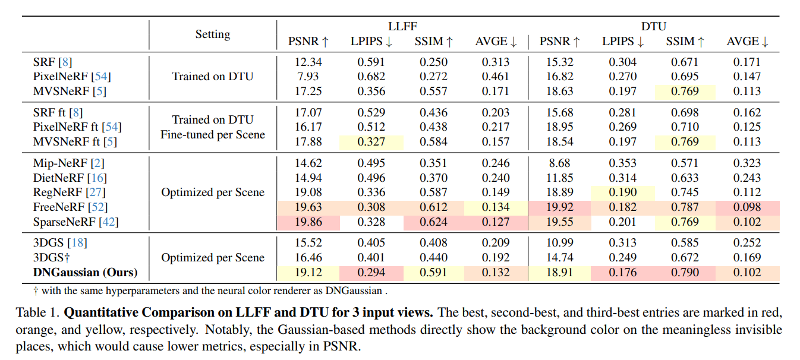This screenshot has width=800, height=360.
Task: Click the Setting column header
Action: point(213,34)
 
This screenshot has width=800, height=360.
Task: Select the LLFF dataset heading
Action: point(402,26)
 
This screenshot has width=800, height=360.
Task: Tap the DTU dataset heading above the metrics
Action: point(654,26)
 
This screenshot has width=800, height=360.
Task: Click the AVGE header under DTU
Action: point(747,42)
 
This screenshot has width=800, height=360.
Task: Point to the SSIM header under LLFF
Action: point(433,42)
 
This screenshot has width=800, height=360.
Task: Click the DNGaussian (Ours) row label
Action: point(86,272)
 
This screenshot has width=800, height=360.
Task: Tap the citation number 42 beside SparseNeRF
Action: point(109,222)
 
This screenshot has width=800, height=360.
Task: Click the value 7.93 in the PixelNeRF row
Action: point(308,77)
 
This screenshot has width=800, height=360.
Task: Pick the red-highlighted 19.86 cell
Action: point(308,222)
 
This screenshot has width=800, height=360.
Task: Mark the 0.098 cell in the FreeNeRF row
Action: point(747,207)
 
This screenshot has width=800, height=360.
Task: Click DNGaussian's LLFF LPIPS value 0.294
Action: point(371,273)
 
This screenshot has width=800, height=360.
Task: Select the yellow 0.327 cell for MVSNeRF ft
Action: point(371,142)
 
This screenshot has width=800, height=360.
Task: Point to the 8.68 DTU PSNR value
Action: point(560,163)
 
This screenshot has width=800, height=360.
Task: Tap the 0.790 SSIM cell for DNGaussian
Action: point(685,273)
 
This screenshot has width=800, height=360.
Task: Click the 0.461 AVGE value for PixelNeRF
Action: point(496,77)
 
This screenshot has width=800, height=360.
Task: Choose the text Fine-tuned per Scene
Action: point(213,135)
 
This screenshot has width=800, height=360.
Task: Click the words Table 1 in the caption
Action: point(37,312)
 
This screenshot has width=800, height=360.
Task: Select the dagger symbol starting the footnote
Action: point(36,290)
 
